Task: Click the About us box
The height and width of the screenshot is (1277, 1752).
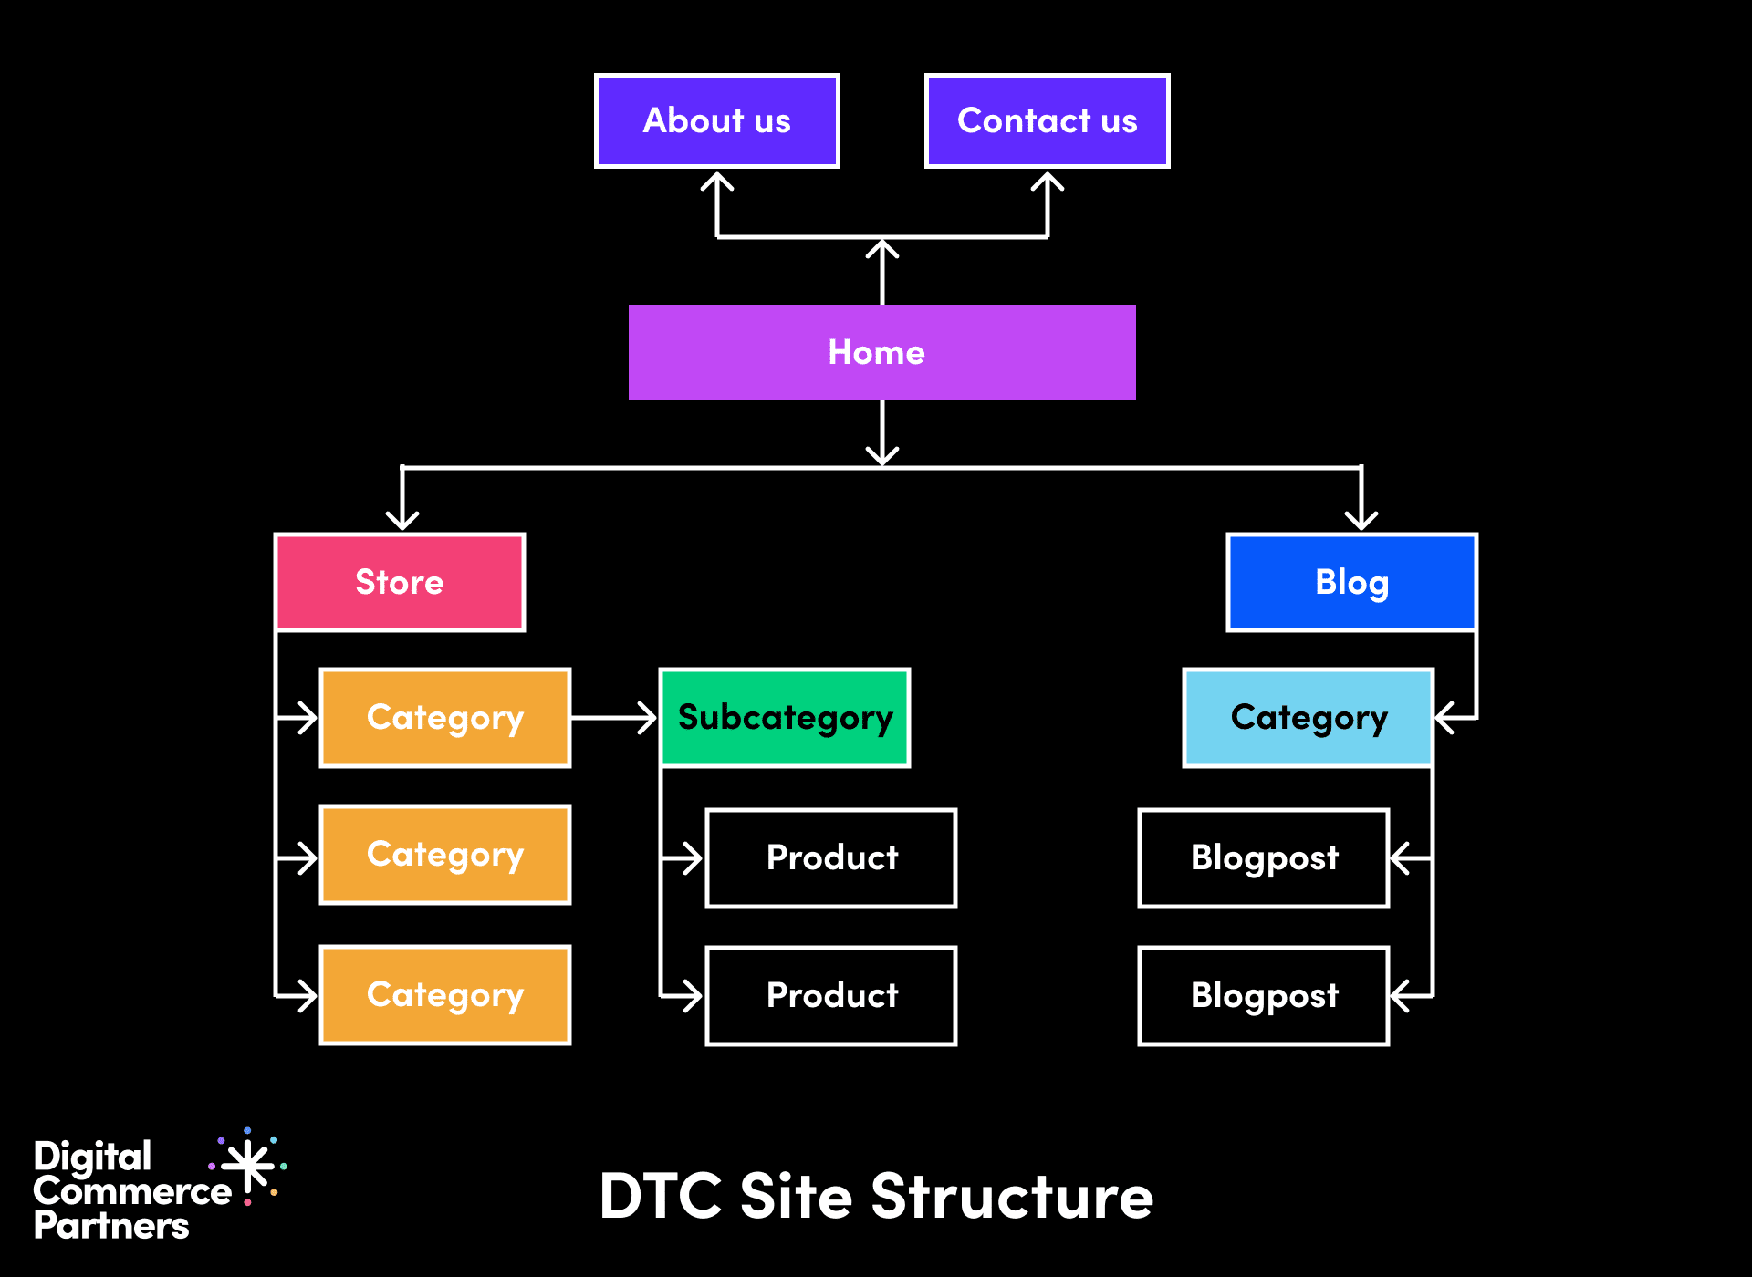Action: point(717,121)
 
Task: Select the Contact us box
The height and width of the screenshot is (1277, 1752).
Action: point(1047,121)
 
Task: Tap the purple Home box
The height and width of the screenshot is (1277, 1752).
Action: point(881,352)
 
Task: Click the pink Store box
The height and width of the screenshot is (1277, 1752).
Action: point(400,582)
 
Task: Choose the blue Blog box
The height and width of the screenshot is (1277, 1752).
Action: point(1351,582)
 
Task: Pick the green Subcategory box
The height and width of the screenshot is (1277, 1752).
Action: point(785,718)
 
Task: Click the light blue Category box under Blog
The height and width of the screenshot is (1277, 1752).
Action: point(1308,718)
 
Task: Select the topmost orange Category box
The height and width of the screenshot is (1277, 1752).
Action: point(445,718)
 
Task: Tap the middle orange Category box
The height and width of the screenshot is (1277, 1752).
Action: point(445,855)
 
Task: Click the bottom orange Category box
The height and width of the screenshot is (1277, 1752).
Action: point(445,995)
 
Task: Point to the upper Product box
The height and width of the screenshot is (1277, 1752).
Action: point(831,858)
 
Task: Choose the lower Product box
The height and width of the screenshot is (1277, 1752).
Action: point(831,996)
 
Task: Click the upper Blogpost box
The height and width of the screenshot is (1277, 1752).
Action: point(1264,858)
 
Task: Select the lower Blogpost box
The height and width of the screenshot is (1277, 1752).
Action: point(1264,996)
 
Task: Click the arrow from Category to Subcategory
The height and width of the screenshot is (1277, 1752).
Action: point(613,718)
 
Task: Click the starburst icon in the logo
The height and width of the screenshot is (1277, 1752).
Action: point(248,1167)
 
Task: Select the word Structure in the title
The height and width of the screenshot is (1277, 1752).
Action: point(1012,1196)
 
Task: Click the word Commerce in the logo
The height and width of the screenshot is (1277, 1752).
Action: point(132,1191)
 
